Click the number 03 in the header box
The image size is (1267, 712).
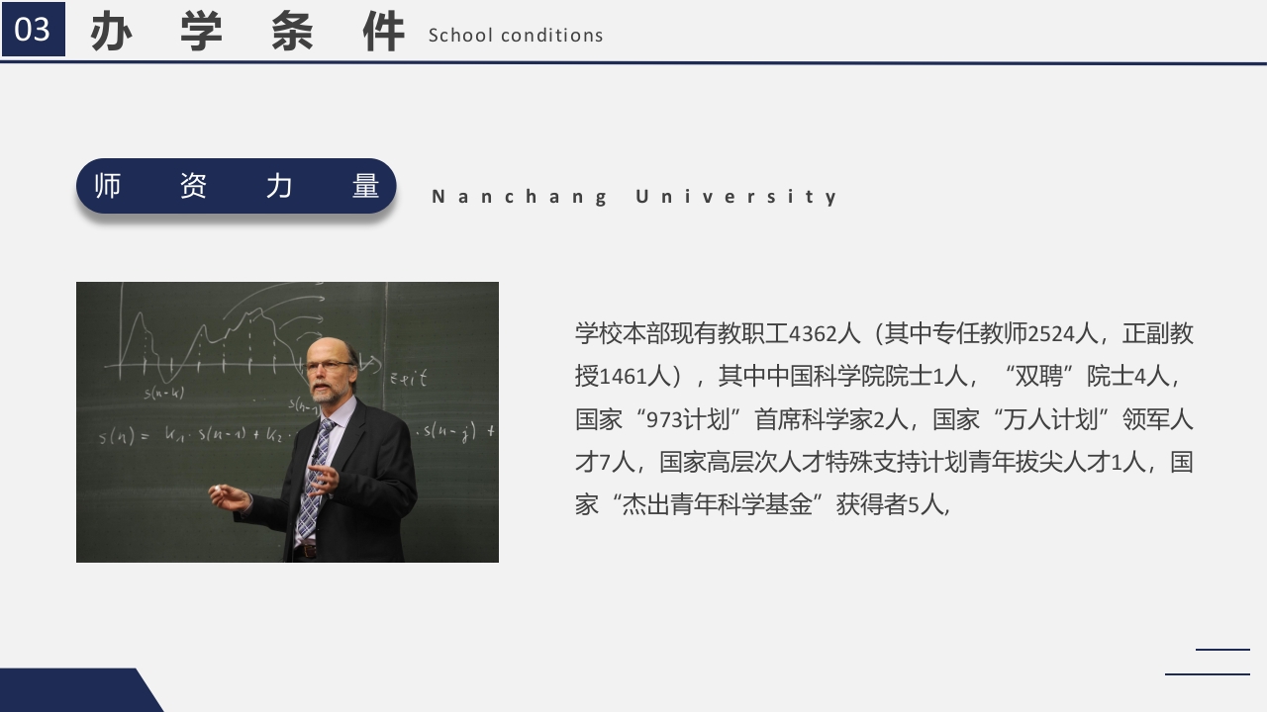[33, 30]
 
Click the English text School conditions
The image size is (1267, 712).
[516, 36]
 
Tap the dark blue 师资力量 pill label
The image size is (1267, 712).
[237, 186]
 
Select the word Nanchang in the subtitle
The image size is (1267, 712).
[520, 197]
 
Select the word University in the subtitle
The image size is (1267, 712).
[737, 197]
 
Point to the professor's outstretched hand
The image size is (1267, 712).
[227, 495]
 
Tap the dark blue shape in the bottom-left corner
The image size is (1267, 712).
[74, 691]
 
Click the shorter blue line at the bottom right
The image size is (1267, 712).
[1222, 650]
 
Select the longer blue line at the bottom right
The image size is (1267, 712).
[1207, 674]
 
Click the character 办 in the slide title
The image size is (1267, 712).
[112, 33]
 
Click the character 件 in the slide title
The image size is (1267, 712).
[383, 33]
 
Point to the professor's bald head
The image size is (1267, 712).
[331, 348]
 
